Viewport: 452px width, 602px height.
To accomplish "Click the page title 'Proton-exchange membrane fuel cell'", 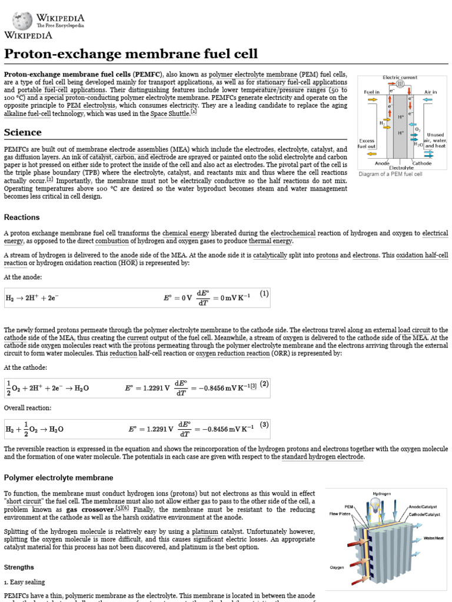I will pyautogui.click(x=131, y=54).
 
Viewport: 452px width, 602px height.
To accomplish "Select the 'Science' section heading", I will pyautogui.click(x=22, y=132).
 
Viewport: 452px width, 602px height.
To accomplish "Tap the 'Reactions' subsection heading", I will pyautogui.click(x=21, y=217).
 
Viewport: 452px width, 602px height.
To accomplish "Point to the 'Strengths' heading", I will pyautogui.click(x=19, y=567).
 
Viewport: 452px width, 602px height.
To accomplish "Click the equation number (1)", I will pyautogui.click(x=264, y=293).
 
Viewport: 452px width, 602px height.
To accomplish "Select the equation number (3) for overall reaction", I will pyautogui.click(x=264, y=424).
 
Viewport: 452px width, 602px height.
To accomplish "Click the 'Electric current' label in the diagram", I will pyautogui.click(x=400, y=77).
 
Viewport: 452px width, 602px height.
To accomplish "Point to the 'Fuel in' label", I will pyautogui.click(x=371, y=92).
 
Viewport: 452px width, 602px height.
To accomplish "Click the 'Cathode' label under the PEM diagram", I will pyautogui.click(x=421, y=163).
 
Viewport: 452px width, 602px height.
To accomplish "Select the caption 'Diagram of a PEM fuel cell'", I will pyautogui.click(x=390, y=175).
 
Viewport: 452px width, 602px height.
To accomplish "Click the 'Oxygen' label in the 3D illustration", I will pyautogui.click(x=337, y=567).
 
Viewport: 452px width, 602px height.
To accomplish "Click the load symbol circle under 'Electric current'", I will pyautogui.click(x=400, y=85).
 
